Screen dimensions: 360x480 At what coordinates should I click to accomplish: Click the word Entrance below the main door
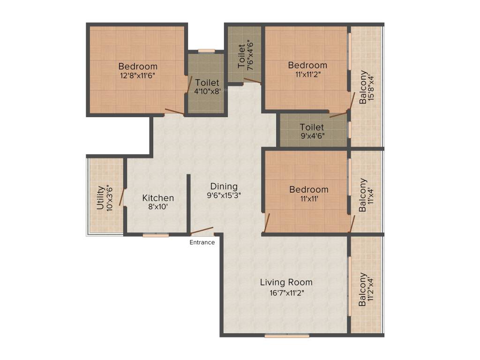202,242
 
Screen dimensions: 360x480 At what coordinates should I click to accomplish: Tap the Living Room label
286,282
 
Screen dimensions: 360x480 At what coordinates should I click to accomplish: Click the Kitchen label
158,198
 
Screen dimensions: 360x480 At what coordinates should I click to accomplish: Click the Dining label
224,186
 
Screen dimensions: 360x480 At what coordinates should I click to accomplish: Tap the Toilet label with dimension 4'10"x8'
207,82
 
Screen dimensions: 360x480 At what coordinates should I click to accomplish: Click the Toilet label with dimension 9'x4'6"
312,127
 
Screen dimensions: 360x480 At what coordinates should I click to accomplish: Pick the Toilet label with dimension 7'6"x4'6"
241,56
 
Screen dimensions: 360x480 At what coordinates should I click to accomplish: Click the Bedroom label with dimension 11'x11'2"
307,65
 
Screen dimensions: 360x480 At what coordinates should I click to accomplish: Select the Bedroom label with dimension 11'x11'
308,189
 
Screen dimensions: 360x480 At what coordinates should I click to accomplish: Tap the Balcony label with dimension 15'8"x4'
363,87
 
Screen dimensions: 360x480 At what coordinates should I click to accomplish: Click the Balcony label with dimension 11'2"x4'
362,290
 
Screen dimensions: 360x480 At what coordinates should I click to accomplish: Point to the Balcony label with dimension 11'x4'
362,195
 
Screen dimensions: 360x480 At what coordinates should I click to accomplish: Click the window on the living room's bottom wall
287,336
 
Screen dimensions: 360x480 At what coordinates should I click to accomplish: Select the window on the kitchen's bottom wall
156,235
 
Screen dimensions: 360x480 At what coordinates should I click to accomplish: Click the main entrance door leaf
202,231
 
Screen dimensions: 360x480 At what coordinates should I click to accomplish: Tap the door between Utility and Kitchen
122,197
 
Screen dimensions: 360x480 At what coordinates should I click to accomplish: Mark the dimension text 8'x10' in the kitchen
158,207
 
